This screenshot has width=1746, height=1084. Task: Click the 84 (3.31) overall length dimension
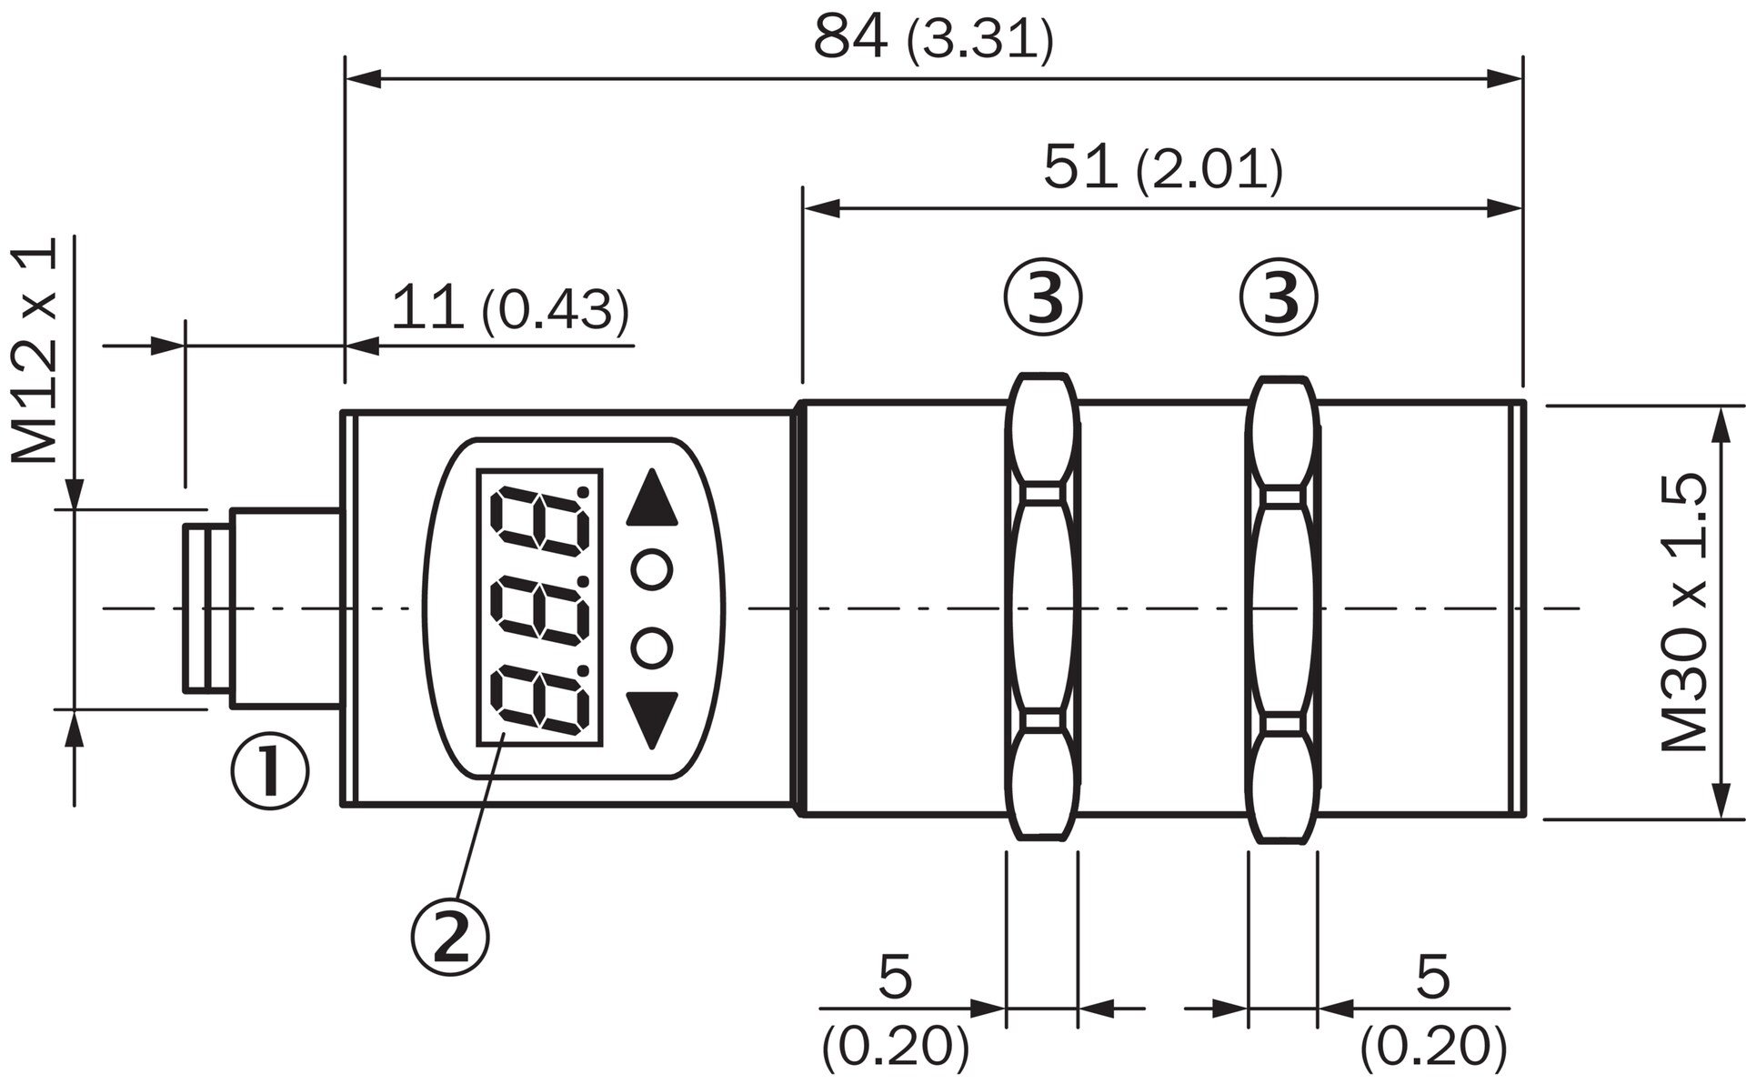(933, 38)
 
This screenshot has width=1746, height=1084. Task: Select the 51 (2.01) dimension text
(1163, 168)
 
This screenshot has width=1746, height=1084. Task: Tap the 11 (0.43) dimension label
(510, 309)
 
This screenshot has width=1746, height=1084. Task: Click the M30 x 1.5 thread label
(1685, 611)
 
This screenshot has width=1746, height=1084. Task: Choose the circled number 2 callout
(450, 937)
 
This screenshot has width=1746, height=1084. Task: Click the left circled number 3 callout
(1044, 297)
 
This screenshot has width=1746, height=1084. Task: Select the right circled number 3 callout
(1279, 297)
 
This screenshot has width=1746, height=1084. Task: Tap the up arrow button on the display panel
(652, 498)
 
